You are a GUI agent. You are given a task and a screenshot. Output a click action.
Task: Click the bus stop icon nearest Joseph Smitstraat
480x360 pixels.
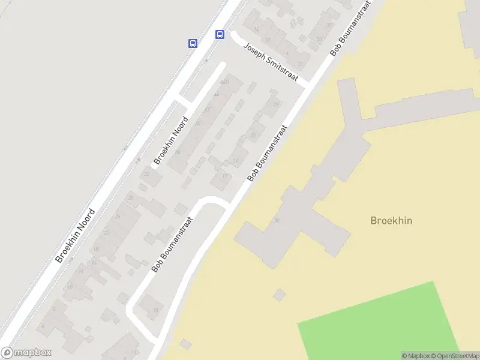click(x=220, y=34)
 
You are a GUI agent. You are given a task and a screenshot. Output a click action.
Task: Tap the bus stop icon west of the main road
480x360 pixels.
click(x=193, y=43)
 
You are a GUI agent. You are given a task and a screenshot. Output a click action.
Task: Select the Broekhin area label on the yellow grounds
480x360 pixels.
click(x=391, y=221)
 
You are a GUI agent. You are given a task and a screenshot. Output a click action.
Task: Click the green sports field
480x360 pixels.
click(x=384, y=324)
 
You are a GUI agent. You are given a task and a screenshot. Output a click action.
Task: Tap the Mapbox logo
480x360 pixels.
click(x=26, y=353)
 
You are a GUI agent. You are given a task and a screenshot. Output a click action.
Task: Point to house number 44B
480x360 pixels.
click(x=224, y=82)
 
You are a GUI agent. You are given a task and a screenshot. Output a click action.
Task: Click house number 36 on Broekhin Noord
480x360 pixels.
click(x=178, y=152)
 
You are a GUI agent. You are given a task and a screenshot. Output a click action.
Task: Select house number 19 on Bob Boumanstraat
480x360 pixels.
click(x=236, y=161)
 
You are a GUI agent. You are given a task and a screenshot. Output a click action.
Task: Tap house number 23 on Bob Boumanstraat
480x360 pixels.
click(x=253, y=136)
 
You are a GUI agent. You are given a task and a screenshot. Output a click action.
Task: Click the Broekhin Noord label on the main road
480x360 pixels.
click(x=76, y=236)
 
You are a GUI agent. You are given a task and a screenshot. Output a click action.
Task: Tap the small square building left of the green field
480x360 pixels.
click(x=279, y=295)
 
